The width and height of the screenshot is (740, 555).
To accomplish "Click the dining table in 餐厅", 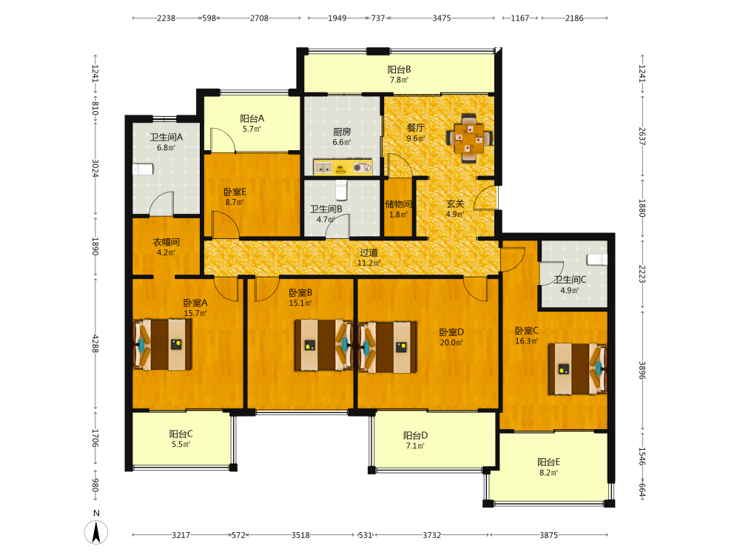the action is pyautogui.click(x=470, y=138).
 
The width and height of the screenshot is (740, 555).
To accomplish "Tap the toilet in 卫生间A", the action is pyautogui.click(x=143, y=169).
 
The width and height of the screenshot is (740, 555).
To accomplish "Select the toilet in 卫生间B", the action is pyautogui.click(x=341, y=189).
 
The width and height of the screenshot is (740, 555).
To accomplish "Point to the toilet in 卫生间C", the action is pyautogui.click(x=597, y=260).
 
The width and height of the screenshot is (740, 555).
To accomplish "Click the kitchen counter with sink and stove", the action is pyautogui.click(x=343, y=167).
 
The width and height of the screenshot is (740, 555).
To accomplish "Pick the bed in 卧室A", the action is pyautogui.click(x=163, y=345).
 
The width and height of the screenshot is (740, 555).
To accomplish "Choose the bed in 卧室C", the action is pyautogui.click(x=577, y=369).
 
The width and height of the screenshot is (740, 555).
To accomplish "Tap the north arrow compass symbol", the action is pyautogui.click(x=96, y=532).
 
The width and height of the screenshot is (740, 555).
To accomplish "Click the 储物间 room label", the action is pyautogui.click(x=398, y=204).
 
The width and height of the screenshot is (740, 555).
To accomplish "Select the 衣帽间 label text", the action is pyautogui.click(x=166, y=242).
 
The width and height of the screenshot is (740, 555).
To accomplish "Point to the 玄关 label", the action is pyautogui.click(x=455, y=204).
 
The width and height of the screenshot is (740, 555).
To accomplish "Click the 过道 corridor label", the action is pyautogui.click(x=369, y=252).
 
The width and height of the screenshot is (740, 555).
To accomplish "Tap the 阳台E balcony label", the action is pyautogui.click(x=549, y=462).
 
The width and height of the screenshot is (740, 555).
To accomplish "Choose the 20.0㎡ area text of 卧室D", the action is pyautogui.click(x=451, y=343).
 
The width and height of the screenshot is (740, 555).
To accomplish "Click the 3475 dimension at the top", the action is pyautogui.click(x=442, y=18).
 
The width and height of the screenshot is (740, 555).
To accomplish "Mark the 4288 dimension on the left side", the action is pyautogui.click(x=95, y=344).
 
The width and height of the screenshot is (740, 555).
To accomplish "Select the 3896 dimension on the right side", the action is pyautogui.click(x=642, y=371).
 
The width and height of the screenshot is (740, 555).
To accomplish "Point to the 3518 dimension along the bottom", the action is pyautogui.click(x=300, y=535).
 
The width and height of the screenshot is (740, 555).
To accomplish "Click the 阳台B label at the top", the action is pyautogui.click(x=400, y=70).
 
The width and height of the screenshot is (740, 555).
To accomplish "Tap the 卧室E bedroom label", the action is pyautogui.click(x=235, y=192).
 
